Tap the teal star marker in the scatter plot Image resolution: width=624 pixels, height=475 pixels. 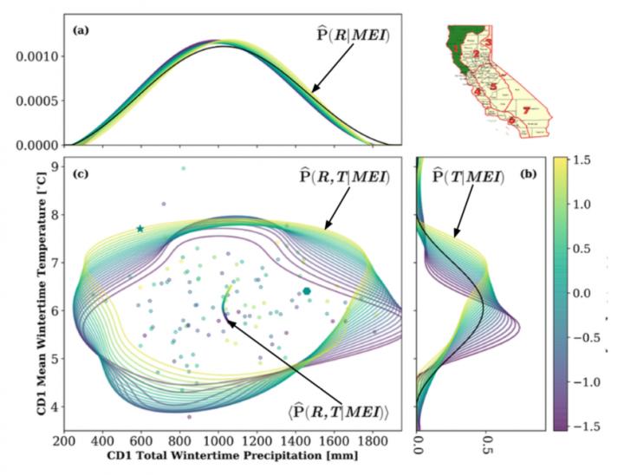(140, 229)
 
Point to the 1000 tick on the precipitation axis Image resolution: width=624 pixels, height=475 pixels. (218, 440)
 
